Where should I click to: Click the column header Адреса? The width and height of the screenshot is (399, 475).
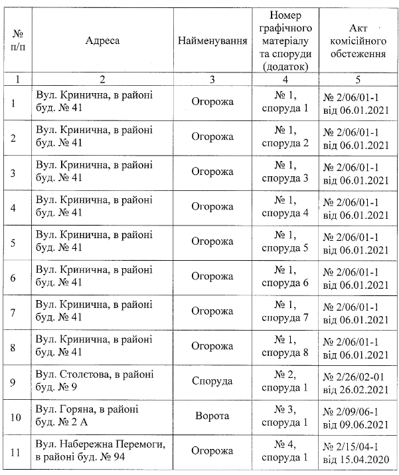(x=102, y=41)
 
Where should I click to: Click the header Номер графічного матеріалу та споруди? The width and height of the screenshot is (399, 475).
(x=287, y=41)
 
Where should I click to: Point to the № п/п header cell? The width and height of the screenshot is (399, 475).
(x=17, y=41)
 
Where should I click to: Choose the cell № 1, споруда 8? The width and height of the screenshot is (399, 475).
(x=287, y=346)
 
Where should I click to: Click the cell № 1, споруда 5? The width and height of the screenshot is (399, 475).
(x=287, y=242)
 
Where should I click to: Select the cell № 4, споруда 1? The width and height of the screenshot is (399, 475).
(x=287, y=450)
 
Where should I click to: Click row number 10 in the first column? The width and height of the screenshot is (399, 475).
(x=17, y=416)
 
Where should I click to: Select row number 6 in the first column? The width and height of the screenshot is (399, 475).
(x=15, y=277)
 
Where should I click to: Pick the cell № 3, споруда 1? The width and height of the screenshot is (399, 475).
(x=287, y=416)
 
